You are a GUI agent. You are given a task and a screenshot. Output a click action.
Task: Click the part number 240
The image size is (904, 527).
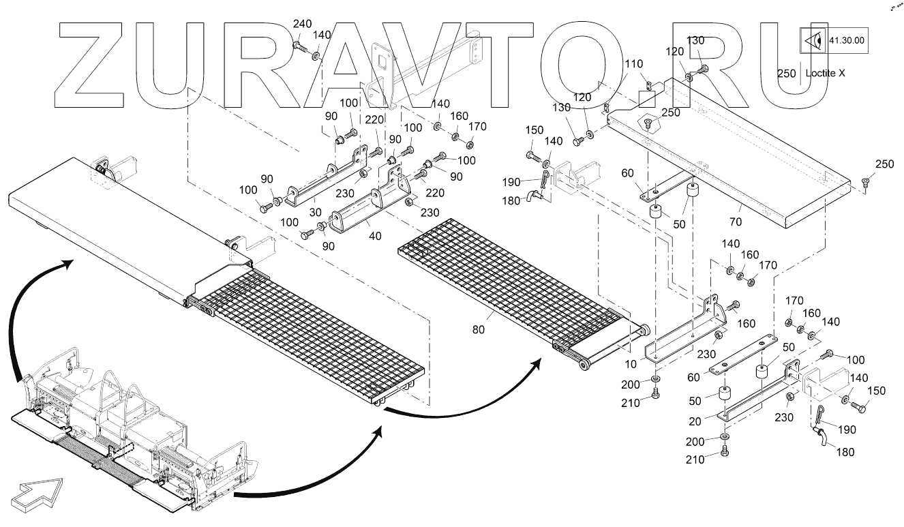(x=302, y=25)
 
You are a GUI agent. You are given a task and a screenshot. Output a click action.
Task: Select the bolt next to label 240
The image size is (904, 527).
(x=300, y=46)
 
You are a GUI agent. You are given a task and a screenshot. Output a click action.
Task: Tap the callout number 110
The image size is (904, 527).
(x=633, y=63)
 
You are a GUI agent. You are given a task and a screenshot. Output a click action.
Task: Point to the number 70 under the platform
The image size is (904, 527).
(x=736, y=222)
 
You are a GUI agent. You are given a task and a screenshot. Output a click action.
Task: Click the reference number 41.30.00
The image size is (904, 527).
(x=846, y=40)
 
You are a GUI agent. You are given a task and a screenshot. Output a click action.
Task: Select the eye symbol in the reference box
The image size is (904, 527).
(x=813, y=40)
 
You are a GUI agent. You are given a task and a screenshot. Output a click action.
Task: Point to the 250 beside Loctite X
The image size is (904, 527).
(x=786, y=73)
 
